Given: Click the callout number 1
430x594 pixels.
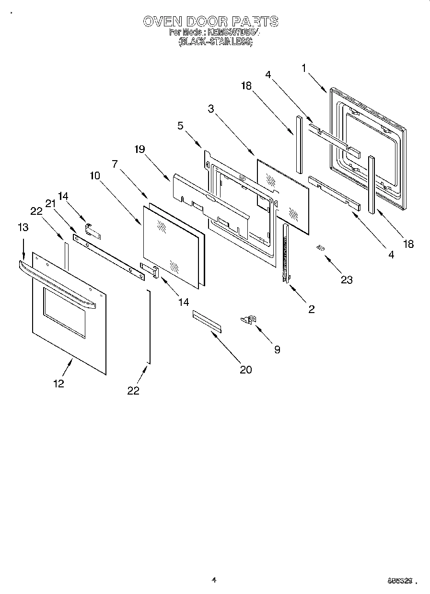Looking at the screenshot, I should [x=304, y=68].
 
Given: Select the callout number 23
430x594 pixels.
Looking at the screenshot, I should [x=346, y=280].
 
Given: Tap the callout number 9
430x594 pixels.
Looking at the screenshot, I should [x=277, y=349].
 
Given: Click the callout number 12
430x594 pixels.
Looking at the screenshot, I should [x=58, y=383].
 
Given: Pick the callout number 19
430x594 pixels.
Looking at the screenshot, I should [x=139, y=149].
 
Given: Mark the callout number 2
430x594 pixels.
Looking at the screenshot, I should [x=311, y=309].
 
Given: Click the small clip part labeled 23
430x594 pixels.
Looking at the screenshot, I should [x=320, y=248].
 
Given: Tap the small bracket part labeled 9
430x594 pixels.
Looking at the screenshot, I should [x=249, y=319].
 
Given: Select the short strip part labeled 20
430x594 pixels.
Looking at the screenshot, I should [x=207, y=321].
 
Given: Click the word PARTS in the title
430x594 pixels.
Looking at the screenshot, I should [x=255, y=22].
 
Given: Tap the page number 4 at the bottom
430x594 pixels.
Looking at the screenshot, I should [x=214, y=580].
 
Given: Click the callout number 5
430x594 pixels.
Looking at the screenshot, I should [x=180, y=126].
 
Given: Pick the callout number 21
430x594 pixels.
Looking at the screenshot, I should [x=51, y=203].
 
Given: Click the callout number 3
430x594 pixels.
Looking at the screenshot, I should [x=210, y=109].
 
